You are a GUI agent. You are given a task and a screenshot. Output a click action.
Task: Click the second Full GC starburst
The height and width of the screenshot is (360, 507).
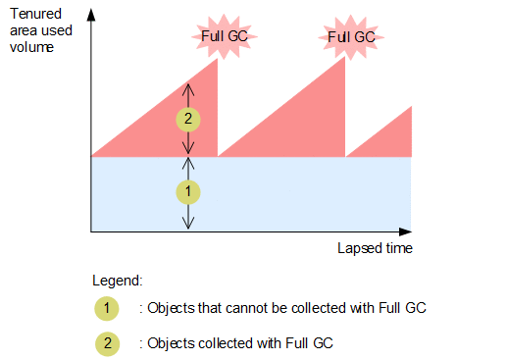click(x=350, y=38)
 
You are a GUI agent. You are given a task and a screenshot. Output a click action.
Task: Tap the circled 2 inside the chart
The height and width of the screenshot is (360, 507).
click(x=188, y=120)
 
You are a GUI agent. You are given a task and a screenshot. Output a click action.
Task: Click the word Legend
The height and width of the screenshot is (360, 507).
click(x=116, y=280)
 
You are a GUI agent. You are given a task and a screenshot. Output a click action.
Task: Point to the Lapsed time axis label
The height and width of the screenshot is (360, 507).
click(x=375, y=248)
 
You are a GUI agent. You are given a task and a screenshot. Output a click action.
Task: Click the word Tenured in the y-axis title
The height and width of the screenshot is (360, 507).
click(x=29, y=15)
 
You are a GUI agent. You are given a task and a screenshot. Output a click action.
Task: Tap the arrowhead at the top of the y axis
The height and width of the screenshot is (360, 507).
click(x=90, y=15)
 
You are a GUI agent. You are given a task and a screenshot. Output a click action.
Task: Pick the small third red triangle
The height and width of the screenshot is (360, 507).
click(x=392, y=137)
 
